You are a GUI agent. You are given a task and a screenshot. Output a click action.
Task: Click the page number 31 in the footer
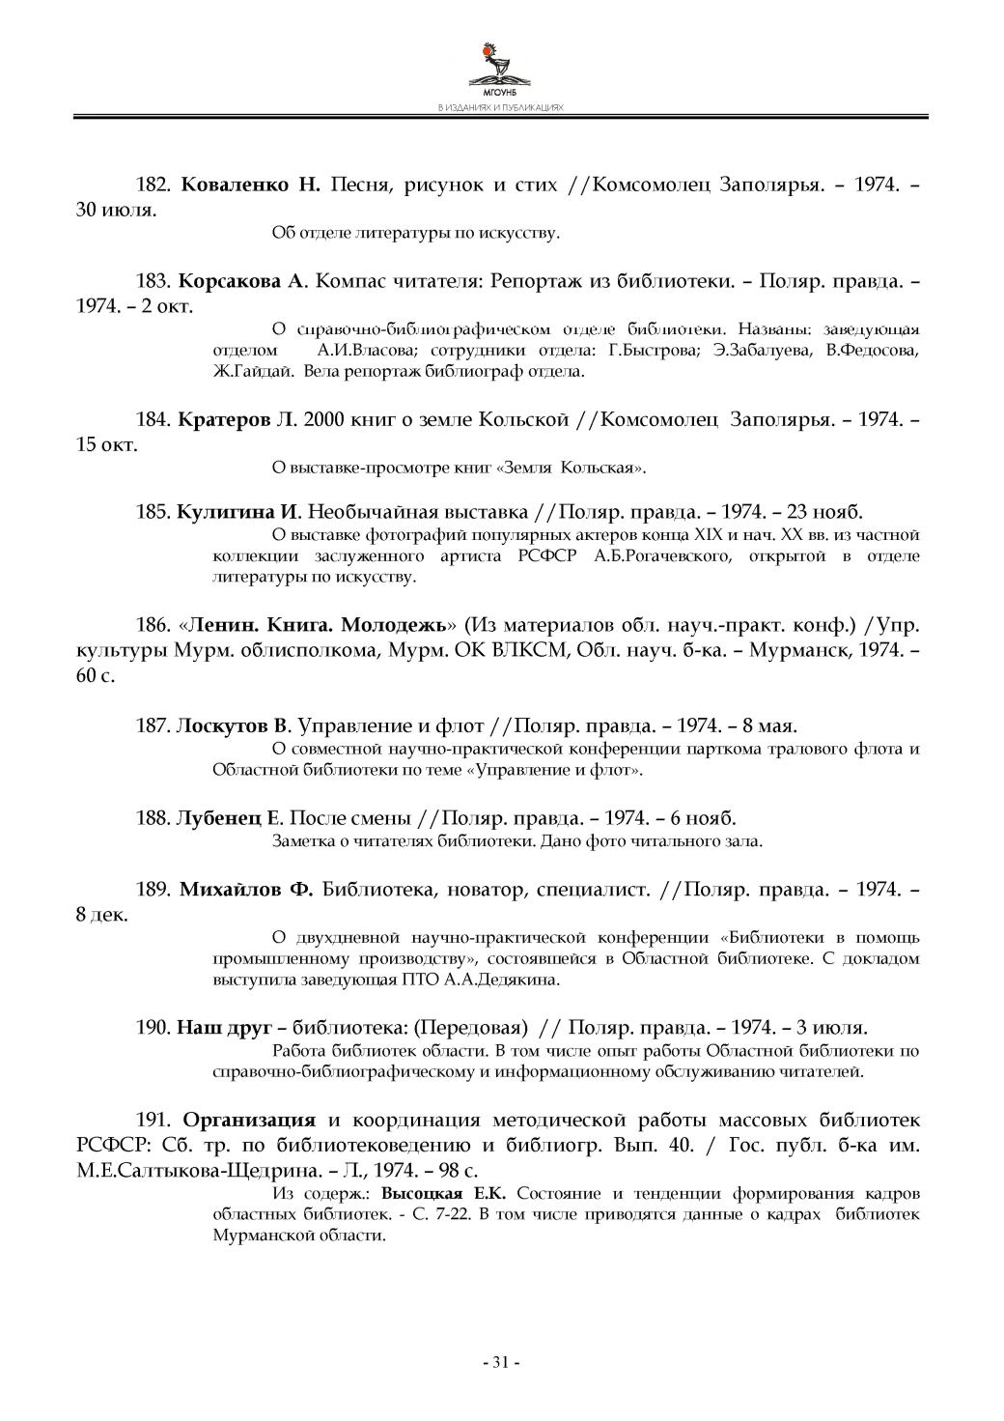[x=500, y=1362]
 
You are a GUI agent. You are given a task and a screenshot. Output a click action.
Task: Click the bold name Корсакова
[x=228, y=282]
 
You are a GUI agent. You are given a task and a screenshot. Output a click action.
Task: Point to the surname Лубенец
[x=218, y=818]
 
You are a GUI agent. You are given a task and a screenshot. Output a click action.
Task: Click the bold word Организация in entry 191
[x=249, y=1121]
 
